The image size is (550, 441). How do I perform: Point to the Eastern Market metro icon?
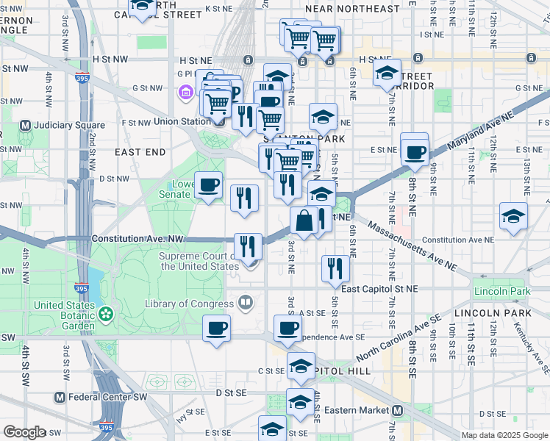(397, 410)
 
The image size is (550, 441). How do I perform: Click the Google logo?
(25, 432)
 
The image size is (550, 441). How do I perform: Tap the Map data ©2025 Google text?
(504, 434)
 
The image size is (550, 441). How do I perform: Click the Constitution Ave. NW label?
(137, 240)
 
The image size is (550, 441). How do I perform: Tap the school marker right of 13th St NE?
(513, 217)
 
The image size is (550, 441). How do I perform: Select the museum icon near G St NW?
(185, 93)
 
